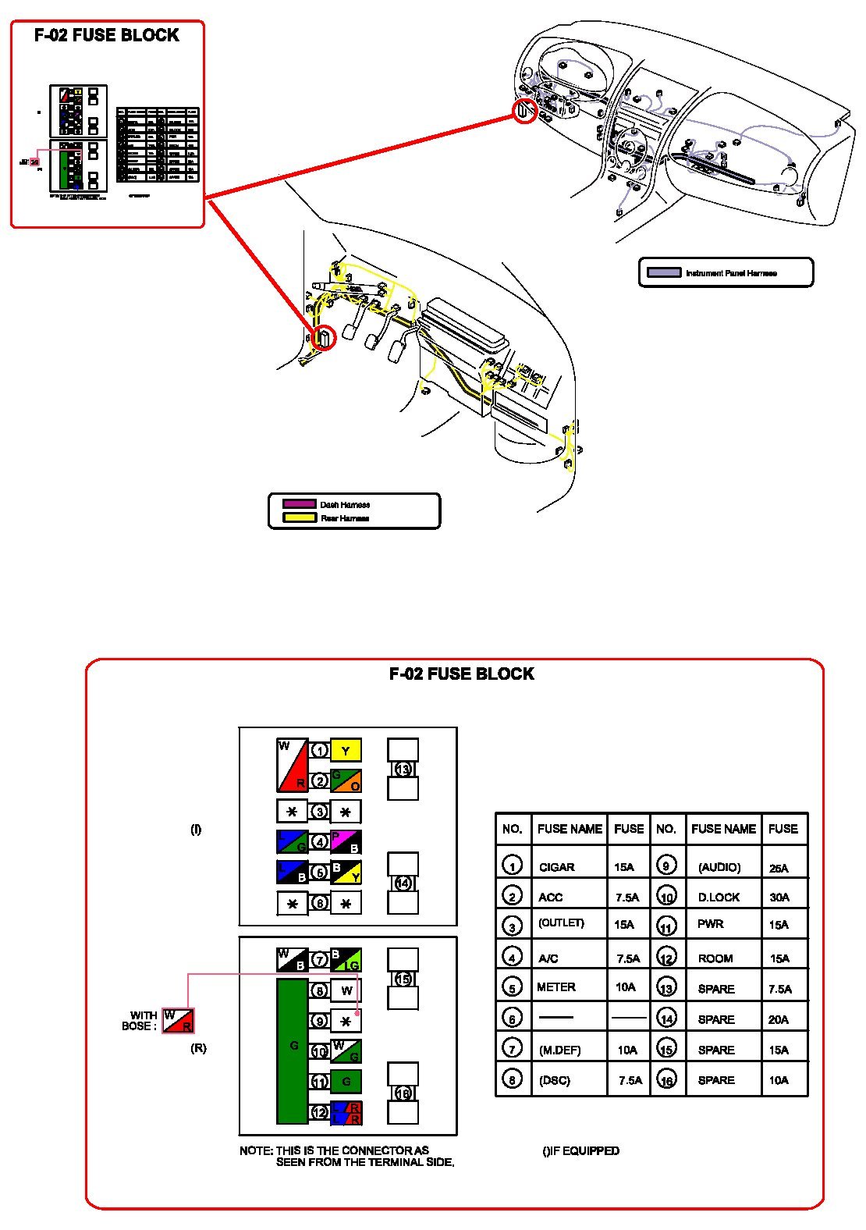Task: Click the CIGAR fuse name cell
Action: pos(556,867)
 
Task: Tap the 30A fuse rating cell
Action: pos(779,898)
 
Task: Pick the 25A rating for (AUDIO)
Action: pos(779,868)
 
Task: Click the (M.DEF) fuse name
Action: pos(559,1050)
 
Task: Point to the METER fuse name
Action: pos(556,987)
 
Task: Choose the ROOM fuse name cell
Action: pos(715,958)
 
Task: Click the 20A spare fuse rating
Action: pos(779,1019)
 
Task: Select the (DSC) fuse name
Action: pos(555,1081)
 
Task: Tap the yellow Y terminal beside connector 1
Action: pos(346,751)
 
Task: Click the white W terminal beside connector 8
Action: pos(346,991)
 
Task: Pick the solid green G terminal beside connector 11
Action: pos(346,1082)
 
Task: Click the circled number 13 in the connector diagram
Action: pos(403,769)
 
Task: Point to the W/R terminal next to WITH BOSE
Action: pos(178,1021)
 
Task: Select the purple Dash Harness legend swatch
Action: pos(299,504)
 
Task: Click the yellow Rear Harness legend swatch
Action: pos(299,517)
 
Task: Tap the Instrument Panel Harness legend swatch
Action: pos(664,273)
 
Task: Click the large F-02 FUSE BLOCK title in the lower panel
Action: pos(461,674)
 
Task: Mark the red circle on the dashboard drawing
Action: pos(525,112)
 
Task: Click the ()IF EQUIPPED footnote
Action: pos(580,1151)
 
